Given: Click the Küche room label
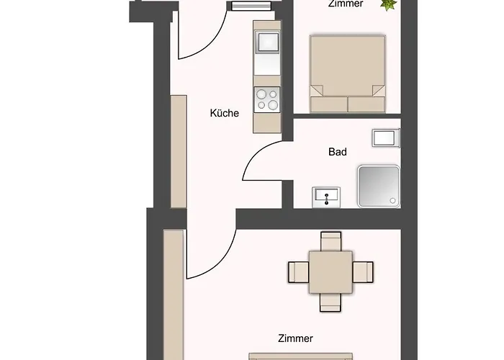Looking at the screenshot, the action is pyautogui.click(x=225, y=113).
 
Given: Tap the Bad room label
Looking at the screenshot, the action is pyautogui.click(x=338, y=152).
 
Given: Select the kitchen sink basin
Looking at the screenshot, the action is pyautogui.click(x=267, y=42).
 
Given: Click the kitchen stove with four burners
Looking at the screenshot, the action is pyautogui.click(x=267, y=100).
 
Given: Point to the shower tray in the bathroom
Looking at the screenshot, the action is pyautogui.click(x=379, y=186).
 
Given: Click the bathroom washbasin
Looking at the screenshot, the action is pyautogui.click(x=326, y=197).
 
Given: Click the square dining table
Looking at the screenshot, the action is pyautogui.click(x=330, y=272).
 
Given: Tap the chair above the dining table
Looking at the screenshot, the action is pyautogui.click(x=330, y=241).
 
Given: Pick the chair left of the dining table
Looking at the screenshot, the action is pyautogui.click(x=299, y=272).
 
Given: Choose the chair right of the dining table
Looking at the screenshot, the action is pyautogui.click(x=363, y=272).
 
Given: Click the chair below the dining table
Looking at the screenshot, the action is pyautogui.click(x=330, y=302).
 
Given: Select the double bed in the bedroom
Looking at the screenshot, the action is pyautogui.click(x=348, y=73).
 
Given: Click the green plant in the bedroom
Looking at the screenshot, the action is pyautogui.click(x=389, y=4).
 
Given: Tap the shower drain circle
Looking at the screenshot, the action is pyautogui.click(x=392, y=201).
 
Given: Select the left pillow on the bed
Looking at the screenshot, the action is pyautogui.click(x=328, y=104).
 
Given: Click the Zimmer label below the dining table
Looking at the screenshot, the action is pyautogui.click(x=295, y=338).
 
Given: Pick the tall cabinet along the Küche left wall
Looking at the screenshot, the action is pyautogui.click(x=179, y=152).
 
